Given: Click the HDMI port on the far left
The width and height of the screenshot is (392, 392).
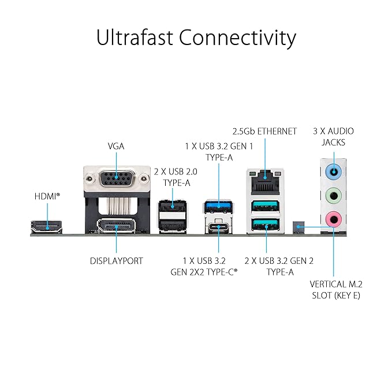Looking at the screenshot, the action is (47, 227).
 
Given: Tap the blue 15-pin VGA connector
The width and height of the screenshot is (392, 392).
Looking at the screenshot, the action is (117, 178).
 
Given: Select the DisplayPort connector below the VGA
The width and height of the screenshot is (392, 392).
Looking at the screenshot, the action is (116, 226).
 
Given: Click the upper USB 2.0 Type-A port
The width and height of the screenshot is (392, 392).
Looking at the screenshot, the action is (173, 206).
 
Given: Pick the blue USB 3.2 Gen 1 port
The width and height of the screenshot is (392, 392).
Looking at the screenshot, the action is (219, 206).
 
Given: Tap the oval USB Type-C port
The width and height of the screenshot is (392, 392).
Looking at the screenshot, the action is (219, 227).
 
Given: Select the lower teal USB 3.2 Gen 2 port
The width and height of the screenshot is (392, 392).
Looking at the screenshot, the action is (266, 225).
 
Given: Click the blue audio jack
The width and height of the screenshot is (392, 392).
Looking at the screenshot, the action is (334, 171).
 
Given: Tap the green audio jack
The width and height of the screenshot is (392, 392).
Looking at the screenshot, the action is (334, 196).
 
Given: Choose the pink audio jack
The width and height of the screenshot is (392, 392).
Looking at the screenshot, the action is (334, 219).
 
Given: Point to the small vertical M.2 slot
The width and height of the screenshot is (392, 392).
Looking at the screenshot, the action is (298, 227).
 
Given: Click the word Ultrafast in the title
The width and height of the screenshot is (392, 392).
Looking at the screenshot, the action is (135, 38).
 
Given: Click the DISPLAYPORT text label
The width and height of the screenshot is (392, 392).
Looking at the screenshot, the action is (117, 261).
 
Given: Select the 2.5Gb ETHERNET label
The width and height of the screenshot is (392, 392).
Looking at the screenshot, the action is (264, 131).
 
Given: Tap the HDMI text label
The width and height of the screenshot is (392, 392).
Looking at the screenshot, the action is (46, 196).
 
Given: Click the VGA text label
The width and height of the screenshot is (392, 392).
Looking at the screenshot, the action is (116, 146).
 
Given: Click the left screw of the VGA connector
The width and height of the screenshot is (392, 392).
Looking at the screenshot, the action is (89, 179).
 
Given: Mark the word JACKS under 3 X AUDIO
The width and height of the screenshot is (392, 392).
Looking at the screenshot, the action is (333, 143).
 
